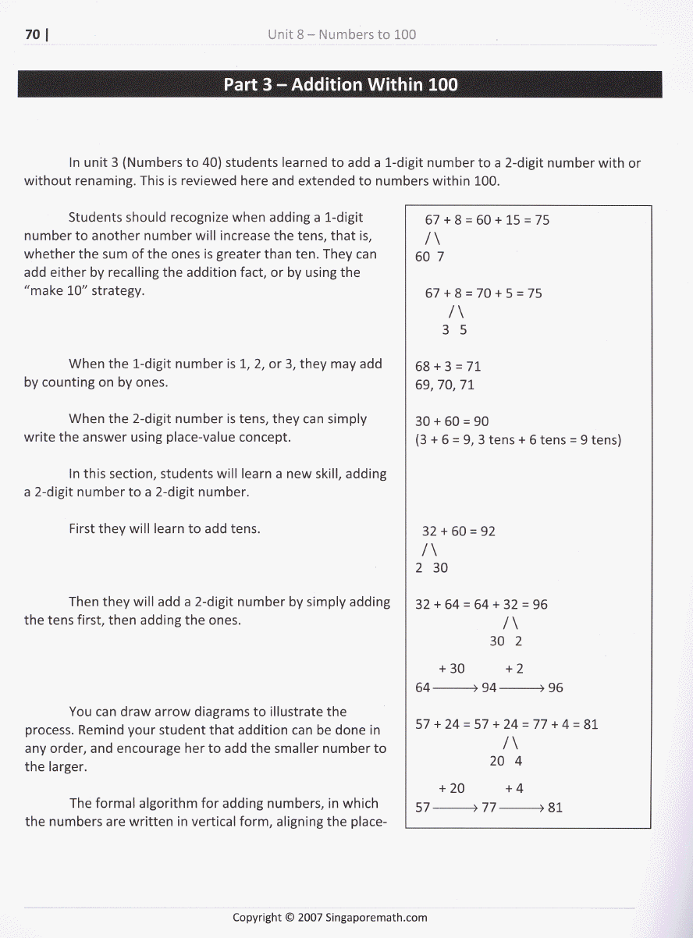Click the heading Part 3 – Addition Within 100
[340, 84]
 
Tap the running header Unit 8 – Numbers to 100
[341, 34]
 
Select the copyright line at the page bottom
[330, 918]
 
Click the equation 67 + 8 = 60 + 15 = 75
[486, 220]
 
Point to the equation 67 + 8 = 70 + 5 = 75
[483, 293]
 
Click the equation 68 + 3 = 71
[448, 366]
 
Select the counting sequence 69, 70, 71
[445, 385]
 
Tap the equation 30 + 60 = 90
[452, 421]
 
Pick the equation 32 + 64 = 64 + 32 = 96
[482, 605]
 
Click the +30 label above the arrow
[452, 669]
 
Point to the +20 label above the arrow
[452, 789]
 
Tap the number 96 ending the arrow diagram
[555, 688]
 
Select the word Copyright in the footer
[257, 918]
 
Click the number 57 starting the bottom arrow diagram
[423, 808]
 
